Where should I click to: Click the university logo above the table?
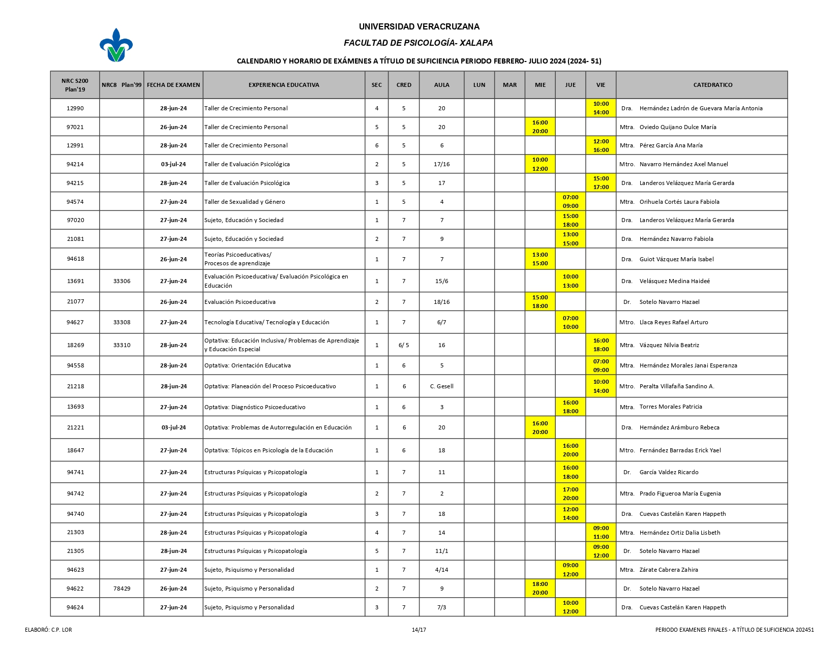click(x=116, y=45)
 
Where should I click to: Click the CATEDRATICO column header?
click(x=712, y=85)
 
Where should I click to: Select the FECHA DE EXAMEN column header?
click(x=173, y=85)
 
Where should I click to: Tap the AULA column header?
click(x=441, y=85)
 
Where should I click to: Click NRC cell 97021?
click(x=75, y=127)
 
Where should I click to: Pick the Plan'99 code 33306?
click(x=122, y=281)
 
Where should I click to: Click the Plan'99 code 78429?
click(x=122, y=589)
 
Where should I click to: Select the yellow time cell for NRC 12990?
click(x=601, y=108)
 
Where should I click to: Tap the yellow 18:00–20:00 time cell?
click(x=540, y=589)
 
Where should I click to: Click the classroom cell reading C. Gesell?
click(x=441, y=386)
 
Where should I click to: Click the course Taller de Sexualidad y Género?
click(x=245, y=202)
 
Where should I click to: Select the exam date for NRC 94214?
click(x=173, y=164)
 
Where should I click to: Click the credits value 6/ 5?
click(x=404, y=345)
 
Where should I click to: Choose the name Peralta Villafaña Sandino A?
click(x=676, y=386)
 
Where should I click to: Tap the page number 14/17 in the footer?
click(x=419, y=630)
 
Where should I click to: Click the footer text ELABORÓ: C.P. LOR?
click(x=48, y=630)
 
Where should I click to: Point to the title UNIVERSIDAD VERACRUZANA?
click(x=419, y=26)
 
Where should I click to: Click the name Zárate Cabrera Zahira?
click(x=668, y=570)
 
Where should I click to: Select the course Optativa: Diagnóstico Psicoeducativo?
click(x=255, y=407)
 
